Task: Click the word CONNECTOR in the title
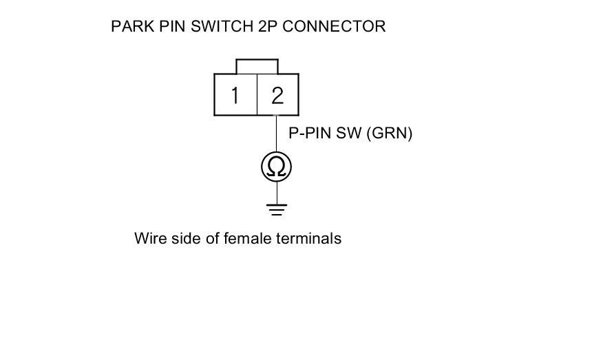(335, 27)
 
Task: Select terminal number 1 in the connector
(235, 95)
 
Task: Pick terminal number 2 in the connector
(277, 95)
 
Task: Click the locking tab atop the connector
(257, 65)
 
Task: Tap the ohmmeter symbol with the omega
(277, 167)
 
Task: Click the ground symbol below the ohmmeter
(277, 209)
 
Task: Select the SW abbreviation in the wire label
(350, 134)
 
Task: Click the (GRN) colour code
(390, 134)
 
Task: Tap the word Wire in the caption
(149, 239)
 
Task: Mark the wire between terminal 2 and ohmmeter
(277, 134)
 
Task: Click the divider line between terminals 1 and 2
(256, 95)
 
